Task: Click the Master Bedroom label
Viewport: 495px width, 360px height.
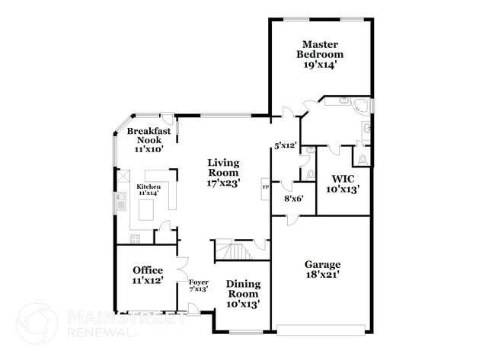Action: [x=320, y=49]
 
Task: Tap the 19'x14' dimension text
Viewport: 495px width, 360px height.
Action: [x=321, y=65]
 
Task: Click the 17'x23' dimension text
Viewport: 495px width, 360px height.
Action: [x=224, y=183]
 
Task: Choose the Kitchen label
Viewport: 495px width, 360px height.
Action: [x=148, y=186]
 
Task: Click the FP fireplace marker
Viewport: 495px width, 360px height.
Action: [x=266, y=186]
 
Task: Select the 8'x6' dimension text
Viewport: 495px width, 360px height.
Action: [x=295, y=199]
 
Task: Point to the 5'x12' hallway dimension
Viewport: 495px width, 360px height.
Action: [x=286, y=145]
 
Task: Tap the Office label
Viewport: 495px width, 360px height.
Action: [x=147, y=270]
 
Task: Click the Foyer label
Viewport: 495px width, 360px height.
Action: [x=198, y=282]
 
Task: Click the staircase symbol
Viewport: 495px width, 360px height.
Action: [x=232, y=250]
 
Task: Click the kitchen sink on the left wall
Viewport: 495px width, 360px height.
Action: [x=121, y=201]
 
